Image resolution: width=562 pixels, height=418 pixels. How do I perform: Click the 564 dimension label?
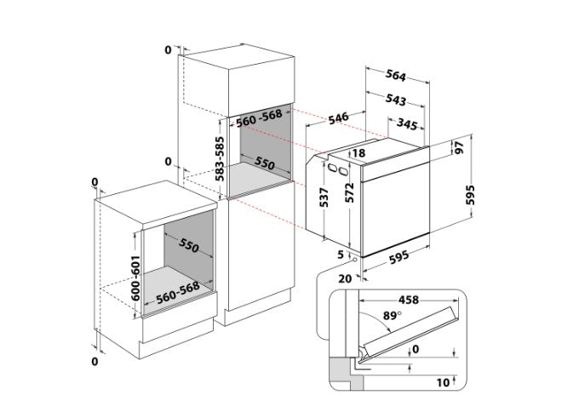pos(396,75)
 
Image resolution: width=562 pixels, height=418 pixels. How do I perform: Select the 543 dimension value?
pos(396,100)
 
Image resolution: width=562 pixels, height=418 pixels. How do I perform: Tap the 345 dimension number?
pos(407,123)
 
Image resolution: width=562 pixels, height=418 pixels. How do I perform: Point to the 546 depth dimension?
pos(339,118)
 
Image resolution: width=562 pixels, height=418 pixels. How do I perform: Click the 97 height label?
pos(459,147)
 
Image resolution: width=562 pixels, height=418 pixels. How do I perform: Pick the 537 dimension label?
pos(324,198)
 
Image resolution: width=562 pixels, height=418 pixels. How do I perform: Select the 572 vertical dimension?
pos(349,192)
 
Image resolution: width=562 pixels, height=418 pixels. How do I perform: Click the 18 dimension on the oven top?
pos(358,153)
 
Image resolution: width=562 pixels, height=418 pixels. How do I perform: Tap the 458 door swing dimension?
pos(409,300)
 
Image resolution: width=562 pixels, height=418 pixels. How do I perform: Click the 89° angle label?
pos(392,316)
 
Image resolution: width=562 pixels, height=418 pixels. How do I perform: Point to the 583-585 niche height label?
pos(220,159)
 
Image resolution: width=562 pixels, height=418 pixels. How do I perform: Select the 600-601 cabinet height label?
pos(135,278)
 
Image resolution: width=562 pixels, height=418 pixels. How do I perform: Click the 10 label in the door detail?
pos(443,382)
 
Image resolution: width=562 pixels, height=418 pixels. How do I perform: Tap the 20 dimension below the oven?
pos(345,278)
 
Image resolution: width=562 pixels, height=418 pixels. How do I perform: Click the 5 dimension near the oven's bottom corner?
pos(341,255)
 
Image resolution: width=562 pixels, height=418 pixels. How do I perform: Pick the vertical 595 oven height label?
pos(470,195)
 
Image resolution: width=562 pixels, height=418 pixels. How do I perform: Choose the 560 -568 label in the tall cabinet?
pos(259,117)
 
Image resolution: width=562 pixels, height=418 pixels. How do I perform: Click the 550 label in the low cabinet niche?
pos(189,246)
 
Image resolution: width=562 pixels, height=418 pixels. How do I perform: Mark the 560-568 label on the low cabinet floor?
pos(178,293)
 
